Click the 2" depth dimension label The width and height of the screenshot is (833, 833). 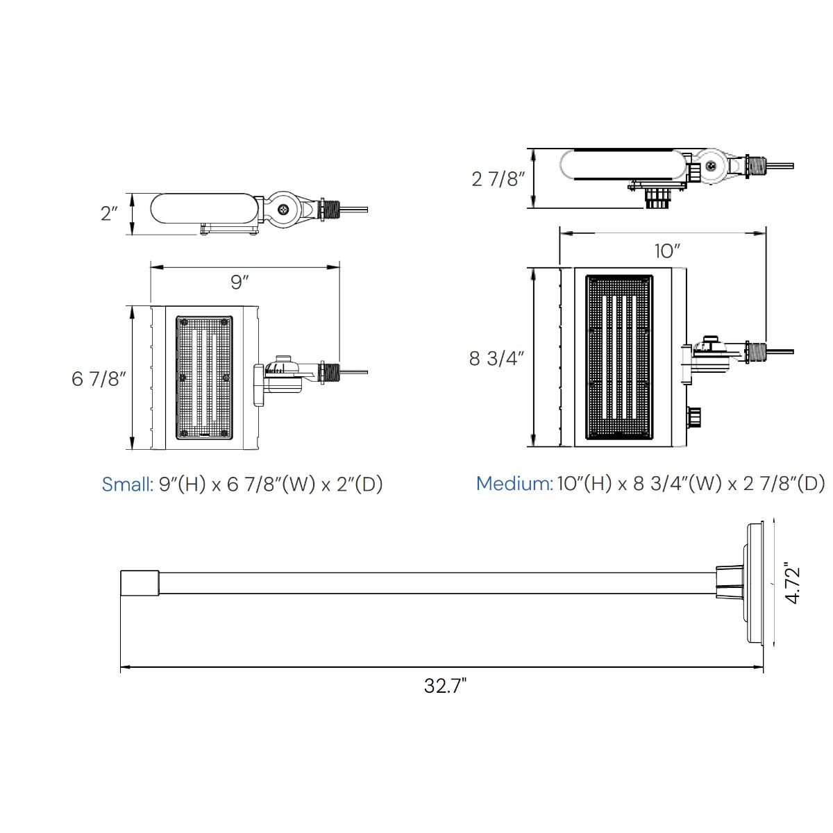click(x=110, y=214)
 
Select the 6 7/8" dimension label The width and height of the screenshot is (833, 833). click(x=99, y=379)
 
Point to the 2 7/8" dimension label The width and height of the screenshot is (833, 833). click(x=498, y=179)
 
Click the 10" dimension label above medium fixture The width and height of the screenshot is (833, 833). click(x=667, y=251)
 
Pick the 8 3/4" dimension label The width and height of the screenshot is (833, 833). click(x=497, y=358)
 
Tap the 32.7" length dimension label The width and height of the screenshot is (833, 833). click(x=445, y=686)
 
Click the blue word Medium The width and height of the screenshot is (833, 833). click(x=514, y=483)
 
